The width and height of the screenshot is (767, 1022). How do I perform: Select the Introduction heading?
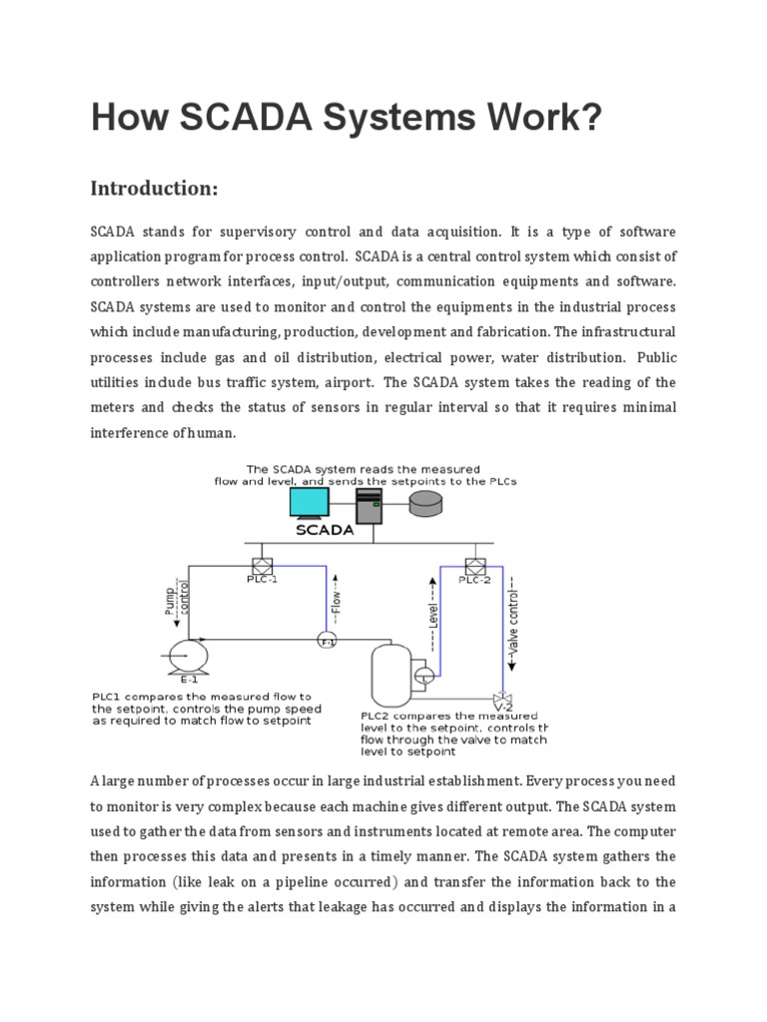154,188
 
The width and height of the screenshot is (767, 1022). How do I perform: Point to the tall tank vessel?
389,673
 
